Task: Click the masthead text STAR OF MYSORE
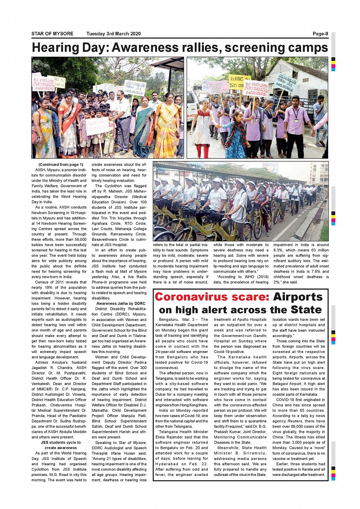[52, 34]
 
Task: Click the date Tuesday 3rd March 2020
[114, 34]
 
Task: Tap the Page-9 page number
[320, 34]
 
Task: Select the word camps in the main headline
[307, 48]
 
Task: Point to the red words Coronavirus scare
[212, 297]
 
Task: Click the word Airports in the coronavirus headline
[298, 297]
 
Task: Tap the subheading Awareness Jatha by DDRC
[121, 303]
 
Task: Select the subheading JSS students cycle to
[61, 442]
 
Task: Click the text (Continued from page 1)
[61, 164]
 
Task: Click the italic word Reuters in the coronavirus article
[306, 421]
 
